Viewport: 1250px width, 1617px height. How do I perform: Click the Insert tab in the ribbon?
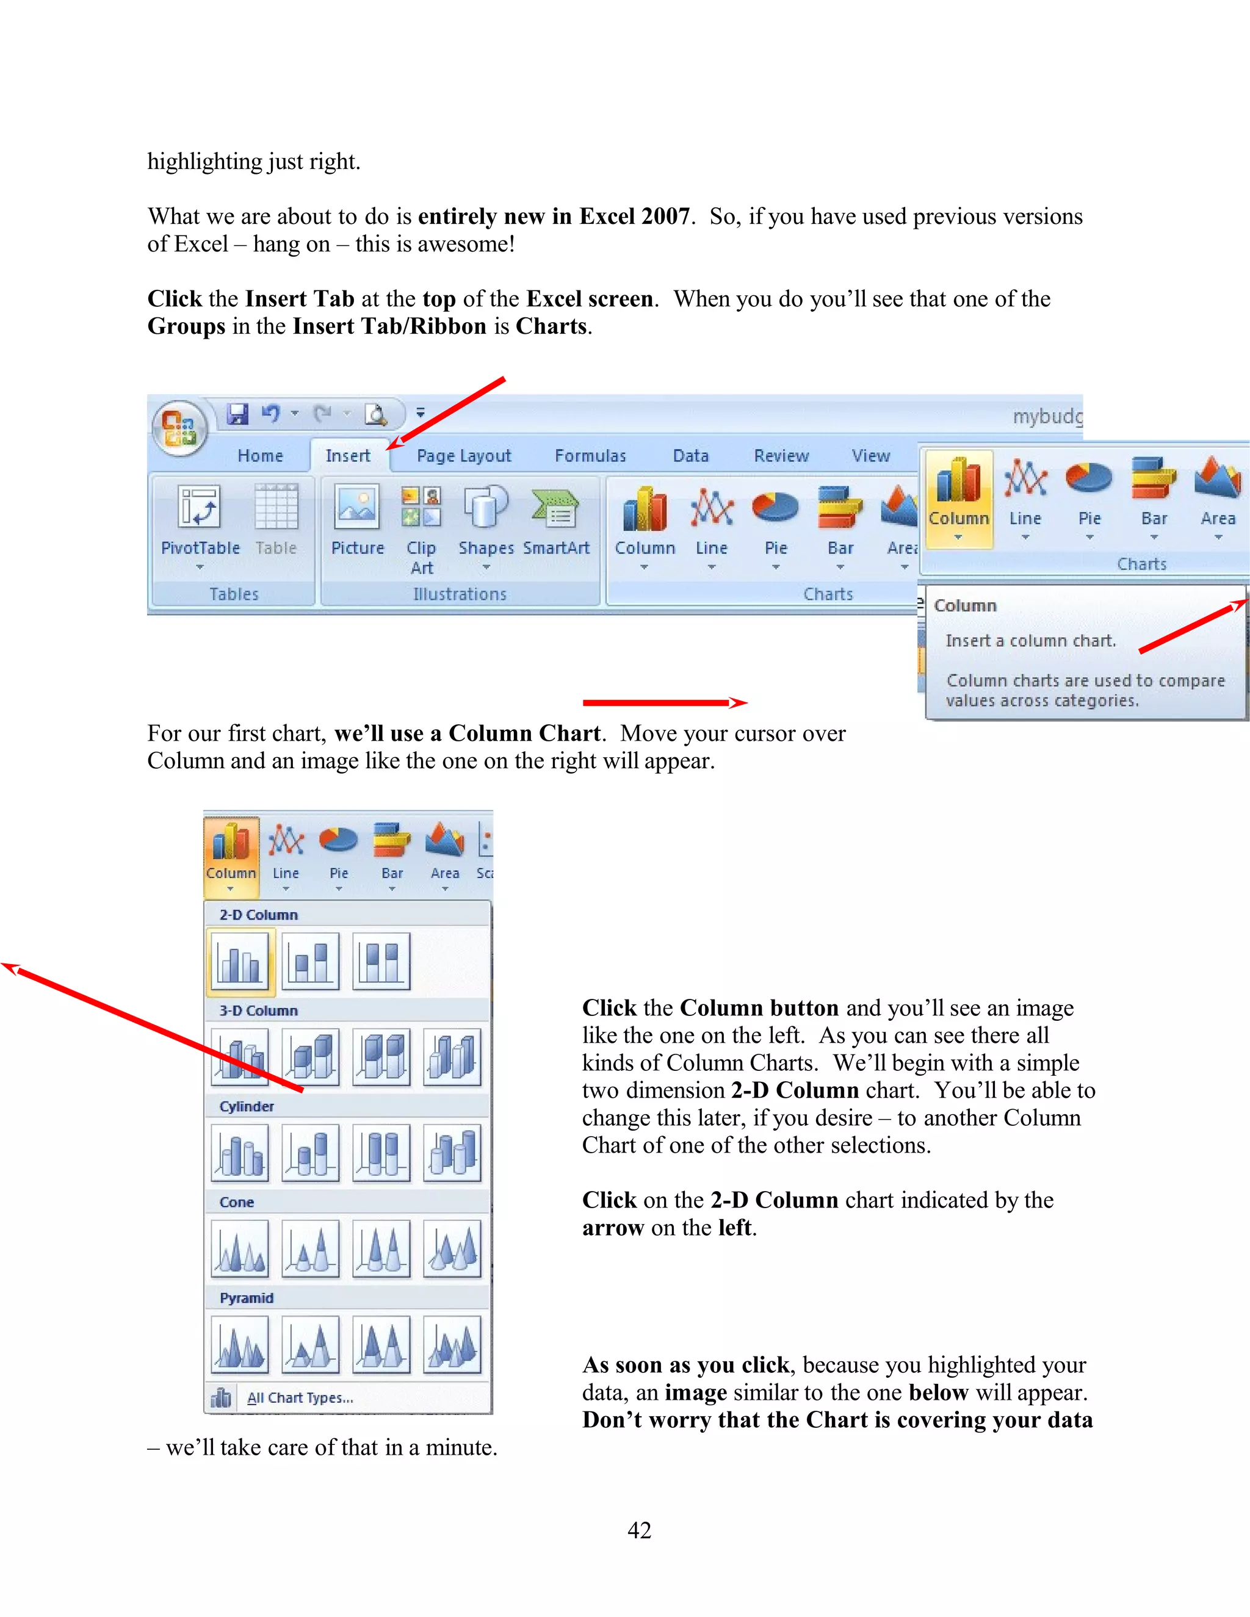pyautogui.click(x=347, y=455)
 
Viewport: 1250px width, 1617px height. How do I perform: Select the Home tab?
pyautogui.click(x=260, y=455)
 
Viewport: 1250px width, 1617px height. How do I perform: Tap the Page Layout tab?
pyautogui.click(x=464, y=455)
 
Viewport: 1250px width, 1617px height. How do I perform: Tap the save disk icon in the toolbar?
pyautogui.click(x=237, y=414)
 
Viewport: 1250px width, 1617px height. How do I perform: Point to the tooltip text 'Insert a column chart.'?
pyautogui.click(x=1029, y=641)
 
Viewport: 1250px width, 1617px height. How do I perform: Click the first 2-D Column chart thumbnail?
pyautogui.click(x=240, y=961)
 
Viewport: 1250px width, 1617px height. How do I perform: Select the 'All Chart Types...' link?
pyautogui.click(x=299, y=1398)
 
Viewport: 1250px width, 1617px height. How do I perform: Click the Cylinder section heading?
pyautogui.click(x=247, y=1106)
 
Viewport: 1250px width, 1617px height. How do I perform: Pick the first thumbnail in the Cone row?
pyautogui.click(x=240, y=1249)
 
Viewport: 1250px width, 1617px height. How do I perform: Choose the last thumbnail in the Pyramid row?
pyautogui.click(x=452, y=1344)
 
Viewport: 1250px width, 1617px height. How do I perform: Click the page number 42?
pyautogui.click(x=639, y=1530)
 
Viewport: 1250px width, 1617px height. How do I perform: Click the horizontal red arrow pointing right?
pyautogui.click(x=664, y=702)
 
